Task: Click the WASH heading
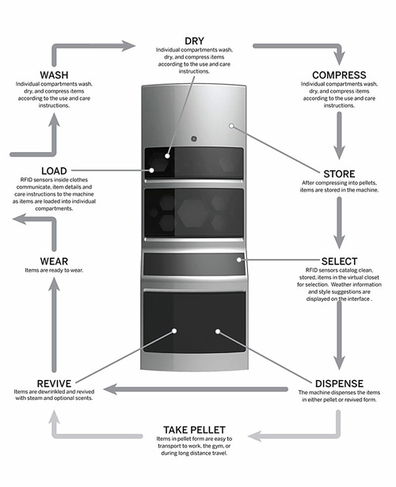point(54,75)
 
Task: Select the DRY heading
point(194,41)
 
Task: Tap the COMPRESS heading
point(339,75)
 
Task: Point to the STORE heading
point(339,174)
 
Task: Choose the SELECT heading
point(339,261)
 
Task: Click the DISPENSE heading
point(339,383)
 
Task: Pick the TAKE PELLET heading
point(194,430)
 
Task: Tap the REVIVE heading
point(54,383)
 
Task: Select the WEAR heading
point(54,261)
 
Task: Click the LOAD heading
point(54,171)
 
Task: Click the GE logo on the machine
point(194,139)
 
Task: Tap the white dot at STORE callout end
point(231,126)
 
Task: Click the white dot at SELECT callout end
point(239,260)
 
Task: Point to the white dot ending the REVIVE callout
point(174,331)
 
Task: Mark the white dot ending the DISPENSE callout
point(218,332)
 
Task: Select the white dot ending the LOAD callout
point(151,170)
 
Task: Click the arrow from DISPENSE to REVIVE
point(196,389)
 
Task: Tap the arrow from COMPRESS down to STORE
point(339,135)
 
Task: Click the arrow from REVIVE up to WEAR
point(54,325)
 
